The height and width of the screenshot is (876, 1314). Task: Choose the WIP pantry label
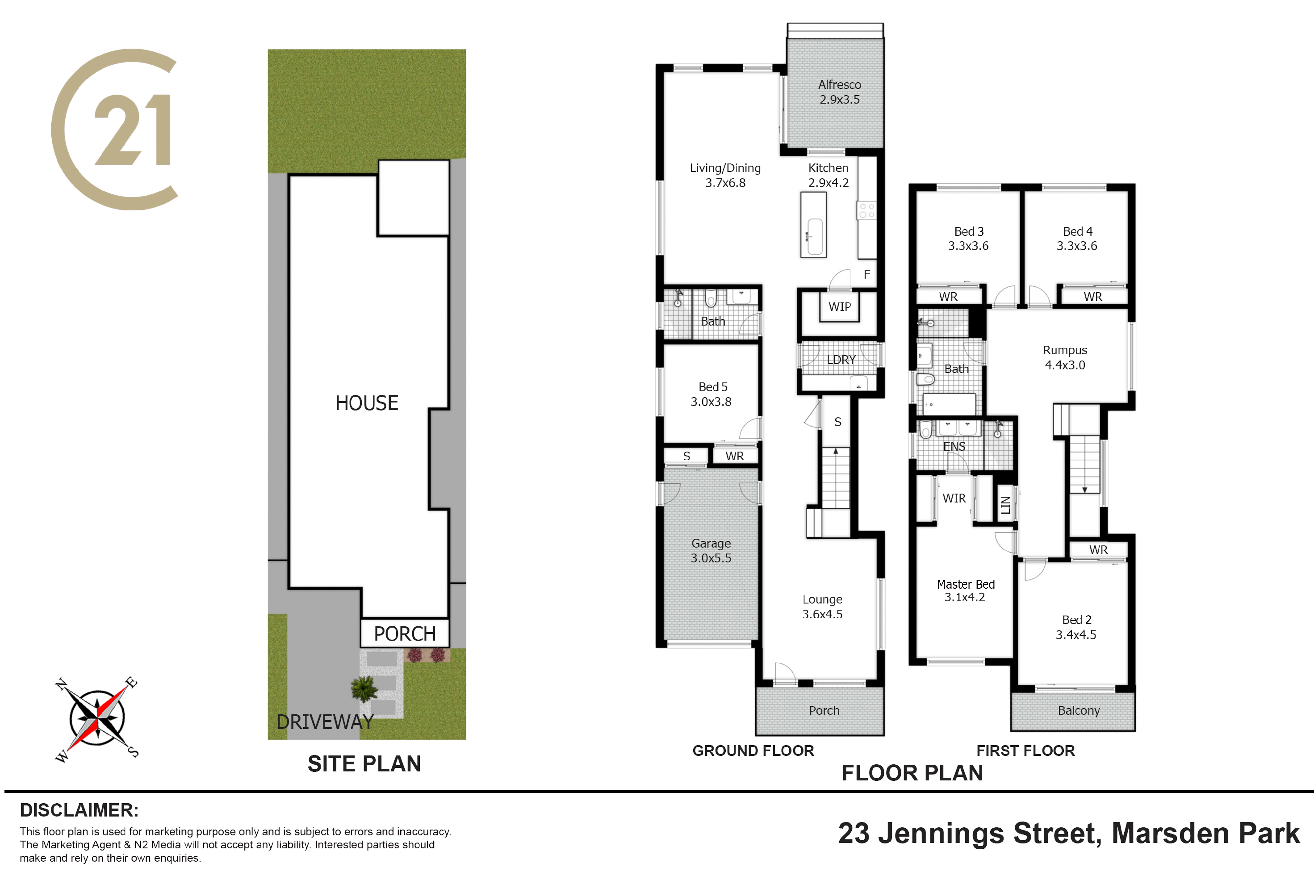pyautogui.click(x=840, y=307)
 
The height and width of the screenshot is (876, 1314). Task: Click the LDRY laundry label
pyautogui.click(x=841, y=360)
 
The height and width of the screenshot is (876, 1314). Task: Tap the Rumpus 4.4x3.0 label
pyautogui.click(x=1065, y=358)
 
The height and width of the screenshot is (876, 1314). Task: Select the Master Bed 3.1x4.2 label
pyautogui.click(x=965, y=591)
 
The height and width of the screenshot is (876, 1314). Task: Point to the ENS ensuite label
pyautogui.click(x=954, y=446)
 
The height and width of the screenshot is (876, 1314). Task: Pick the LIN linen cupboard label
pyautogui.click(x=1006, y=505)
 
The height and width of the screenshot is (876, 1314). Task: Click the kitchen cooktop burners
pyautogui.click(x=867, y=211)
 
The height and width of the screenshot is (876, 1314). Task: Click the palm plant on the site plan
pyautogui.click(x=364, y=688)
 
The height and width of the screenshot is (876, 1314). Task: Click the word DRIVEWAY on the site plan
pyautogui.click(x=325, y=722)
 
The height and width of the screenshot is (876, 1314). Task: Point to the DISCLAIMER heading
pyautogui.click(x=79, y=810)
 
